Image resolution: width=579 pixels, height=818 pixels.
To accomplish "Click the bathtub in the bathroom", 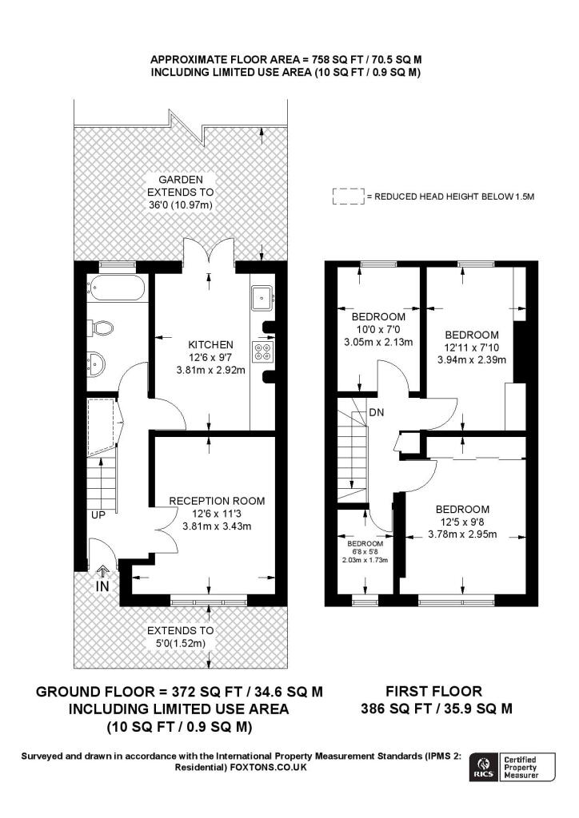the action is coord(115,288).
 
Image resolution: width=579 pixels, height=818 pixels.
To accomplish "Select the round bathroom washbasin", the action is coord(96,363).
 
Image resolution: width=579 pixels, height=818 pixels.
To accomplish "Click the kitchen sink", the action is coord(262,297).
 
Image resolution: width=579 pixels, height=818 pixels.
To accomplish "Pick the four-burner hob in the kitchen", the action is coord(262,351).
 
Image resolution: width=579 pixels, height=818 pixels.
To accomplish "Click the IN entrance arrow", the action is coord(102,571).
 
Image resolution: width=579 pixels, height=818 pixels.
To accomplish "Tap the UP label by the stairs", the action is coord(98,515).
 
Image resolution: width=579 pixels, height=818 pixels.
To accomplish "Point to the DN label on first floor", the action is coord(377,412).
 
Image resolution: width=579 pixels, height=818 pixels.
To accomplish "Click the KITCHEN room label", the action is coord(210,345).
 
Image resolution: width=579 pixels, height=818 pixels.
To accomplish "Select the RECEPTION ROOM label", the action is coord(217,501).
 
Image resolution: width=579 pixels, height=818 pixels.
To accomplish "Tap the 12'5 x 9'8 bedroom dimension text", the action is coord(462,522).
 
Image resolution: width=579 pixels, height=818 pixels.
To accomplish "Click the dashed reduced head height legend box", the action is coord(348,197).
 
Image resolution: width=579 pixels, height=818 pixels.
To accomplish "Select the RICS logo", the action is coord(484,768).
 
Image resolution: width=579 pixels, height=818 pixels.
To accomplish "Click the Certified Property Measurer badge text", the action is coord(520,768).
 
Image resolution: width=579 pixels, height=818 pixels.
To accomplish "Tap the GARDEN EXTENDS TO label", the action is coord(181,185).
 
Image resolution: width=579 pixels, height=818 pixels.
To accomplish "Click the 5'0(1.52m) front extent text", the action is coord(181,643).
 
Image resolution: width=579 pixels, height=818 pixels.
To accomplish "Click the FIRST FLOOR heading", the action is coord(433,691).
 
